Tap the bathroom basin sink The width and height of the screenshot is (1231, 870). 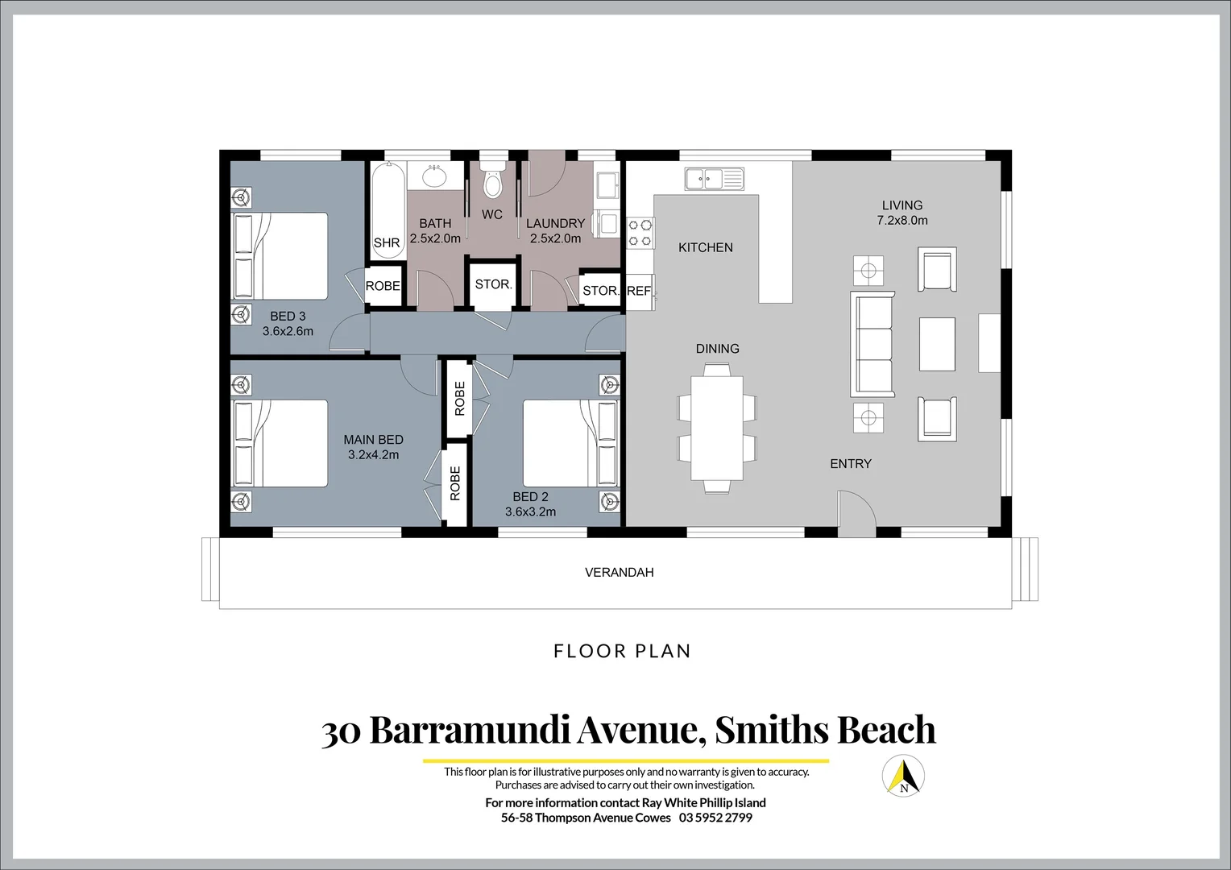[x=435, y=176]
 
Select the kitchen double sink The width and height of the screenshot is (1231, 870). [x=715, y=179]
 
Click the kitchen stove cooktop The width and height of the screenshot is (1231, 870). [x=640, y=233]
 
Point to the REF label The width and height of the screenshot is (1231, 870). [x=639, y=292]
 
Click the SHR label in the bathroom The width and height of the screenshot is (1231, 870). [x=387, y=242]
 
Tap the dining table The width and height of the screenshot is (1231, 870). [x=717, y=428]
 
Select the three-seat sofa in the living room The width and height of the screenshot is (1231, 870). [x=872, y=344]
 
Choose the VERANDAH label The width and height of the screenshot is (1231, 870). [x=620, y=572]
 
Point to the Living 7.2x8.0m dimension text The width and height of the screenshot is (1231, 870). [x=902, y=221]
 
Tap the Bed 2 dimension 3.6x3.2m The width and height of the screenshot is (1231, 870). [x=530, y=512]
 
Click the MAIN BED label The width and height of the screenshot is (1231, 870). [x=373, y=440]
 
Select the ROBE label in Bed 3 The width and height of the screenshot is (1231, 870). [x=383, y=286]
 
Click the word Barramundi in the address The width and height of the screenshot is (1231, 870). [x=469, y=730]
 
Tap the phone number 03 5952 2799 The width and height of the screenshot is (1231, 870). [x=715, y=818]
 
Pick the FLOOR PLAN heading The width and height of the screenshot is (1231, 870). [x=622, y=651]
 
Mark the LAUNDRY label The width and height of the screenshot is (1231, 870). [x=556, y=223]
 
